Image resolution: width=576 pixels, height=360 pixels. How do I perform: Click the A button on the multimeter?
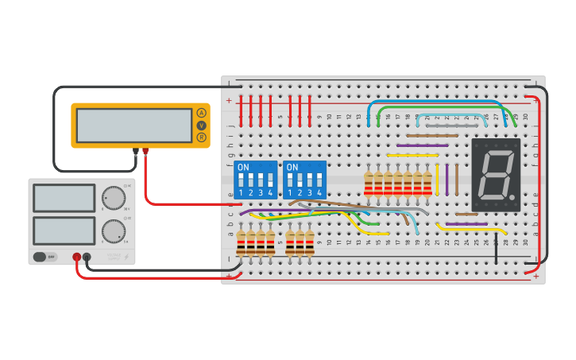click(201, 113)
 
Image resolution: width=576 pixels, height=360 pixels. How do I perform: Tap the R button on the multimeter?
click(201, 137)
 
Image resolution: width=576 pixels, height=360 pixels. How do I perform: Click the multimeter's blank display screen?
click(133, 125)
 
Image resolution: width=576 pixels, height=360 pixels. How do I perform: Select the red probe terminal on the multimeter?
click(145, 150)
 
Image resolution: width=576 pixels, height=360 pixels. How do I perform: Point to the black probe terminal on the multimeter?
click(136, 150)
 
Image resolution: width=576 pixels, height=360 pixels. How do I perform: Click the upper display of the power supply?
click(64, 198)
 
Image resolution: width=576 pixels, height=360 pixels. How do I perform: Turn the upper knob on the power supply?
click(114, 198)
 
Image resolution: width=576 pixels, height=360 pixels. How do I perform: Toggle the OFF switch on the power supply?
click(44, 257)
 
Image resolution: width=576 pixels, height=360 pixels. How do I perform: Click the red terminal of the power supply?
click(77, 257)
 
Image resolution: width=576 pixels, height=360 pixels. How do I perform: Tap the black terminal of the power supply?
click(87, 257)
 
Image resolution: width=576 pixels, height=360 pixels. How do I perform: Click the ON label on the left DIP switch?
click(243, 167)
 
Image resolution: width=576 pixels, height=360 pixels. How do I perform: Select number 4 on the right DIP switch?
click(319, 192)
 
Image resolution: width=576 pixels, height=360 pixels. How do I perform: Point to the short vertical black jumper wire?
click(496, 250)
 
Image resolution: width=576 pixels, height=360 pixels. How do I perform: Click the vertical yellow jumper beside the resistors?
click(437, 180)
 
